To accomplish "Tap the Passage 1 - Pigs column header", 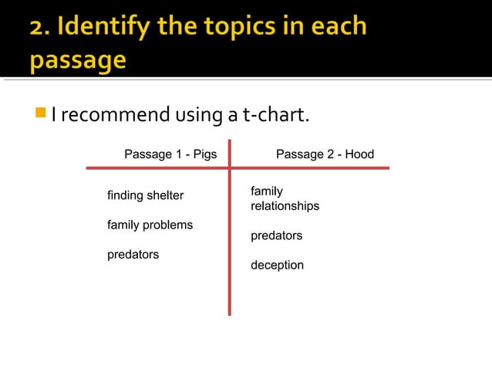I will click(170, 154).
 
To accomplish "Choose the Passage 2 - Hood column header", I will click(325, 154).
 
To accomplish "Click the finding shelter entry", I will click(145, 196).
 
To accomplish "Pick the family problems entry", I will click(150, 225).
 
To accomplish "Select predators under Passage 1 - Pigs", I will click(133, 254).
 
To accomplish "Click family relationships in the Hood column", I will click(285, 199).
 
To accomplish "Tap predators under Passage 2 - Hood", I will click(276, 235).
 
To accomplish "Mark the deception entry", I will click(277, 266).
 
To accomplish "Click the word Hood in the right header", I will click(359, 154).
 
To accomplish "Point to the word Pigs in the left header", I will click(204, 154).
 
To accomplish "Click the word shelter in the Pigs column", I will click(166, 196).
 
